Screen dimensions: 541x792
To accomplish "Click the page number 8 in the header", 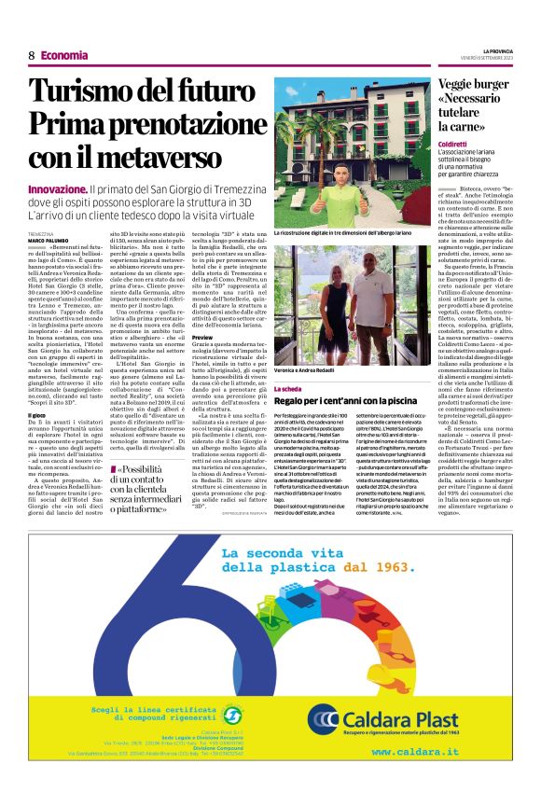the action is click(x=32, y=55).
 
